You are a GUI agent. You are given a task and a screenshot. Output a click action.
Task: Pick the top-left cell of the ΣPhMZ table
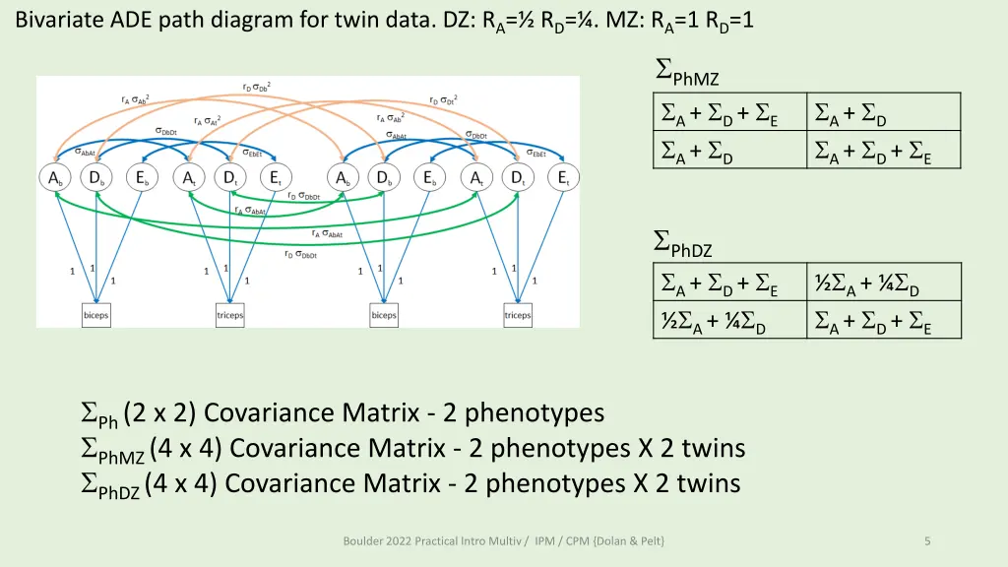tap(728, 113)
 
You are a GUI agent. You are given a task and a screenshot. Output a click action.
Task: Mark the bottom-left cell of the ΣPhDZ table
tap(728, 320)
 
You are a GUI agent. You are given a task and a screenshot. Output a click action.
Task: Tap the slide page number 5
tap(928, 540)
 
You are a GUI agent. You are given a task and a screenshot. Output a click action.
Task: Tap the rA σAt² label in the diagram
tap(207, 120)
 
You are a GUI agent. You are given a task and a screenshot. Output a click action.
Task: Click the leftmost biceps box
tap(95, 315)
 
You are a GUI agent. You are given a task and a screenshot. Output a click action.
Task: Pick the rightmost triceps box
tap(518, 315)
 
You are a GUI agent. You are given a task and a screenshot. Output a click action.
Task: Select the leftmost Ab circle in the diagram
tap(54, 178)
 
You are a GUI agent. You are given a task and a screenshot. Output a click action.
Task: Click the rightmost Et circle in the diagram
tap(564, 178)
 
